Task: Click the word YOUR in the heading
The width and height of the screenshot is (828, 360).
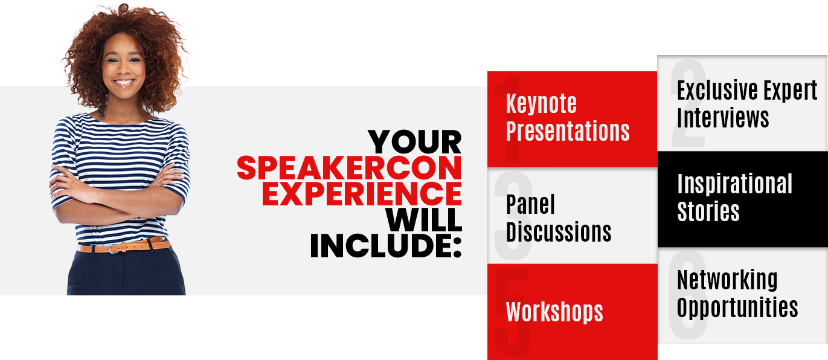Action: (415, 142)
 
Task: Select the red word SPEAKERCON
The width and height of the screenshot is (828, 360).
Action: (349, 168)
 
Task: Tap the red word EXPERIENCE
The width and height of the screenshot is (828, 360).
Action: (362, 193)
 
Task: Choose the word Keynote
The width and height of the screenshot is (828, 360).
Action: (541, 103)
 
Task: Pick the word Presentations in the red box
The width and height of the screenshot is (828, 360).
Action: (568, 131)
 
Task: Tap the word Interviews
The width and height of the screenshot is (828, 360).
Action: (723, 118)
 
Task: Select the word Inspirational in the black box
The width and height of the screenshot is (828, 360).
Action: (735, 184)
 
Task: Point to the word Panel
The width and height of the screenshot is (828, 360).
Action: (530, 204)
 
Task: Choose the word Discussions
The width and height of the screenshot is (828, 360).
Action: (559, 232)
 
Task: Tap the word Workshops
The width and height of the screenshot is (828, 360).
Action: (554, 312)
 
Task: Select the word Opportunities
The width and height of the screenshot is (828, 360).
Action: (737, 307)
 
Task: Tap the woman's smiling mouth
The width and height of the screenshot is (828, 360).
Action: (124, 82)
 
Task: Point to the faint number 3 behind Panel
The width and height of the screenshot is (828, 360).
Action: (513, 216)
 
